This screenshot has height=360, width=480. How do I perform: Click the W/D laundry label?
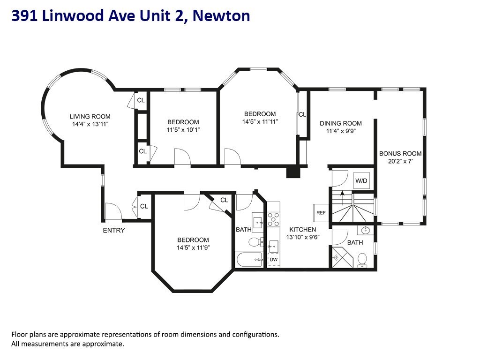coord(361,180)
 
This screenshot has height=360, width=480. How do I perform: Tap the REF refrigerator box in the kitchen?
coord(321,212)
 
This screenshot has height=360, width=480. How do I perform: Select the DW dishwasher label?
coord(273,259)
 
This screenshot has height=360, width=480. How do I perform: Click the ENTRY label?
coord(114,230)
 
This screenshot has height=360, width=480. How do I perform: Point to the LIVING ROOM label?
coord(90,117)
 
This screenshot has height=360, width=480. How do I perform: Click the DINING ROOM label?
coord(341,123)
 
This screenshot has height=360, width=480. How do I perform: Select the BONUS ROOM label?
coord(400,153)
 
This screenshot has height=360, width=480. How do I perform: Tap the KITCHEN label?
coord(302,230)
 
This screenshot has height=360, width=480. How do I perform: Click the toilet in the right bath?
coord(362,259)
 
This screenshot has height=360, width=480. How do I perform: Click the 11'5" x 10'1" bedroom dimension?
coord(183,129)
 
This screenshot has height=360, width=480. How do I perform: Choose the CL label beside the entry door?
coord(144,206)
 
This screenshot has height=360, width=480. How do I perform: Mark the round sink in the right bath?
coord(366,231)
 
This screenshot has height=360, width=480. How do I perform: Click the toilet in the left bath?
coord(255,242)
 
